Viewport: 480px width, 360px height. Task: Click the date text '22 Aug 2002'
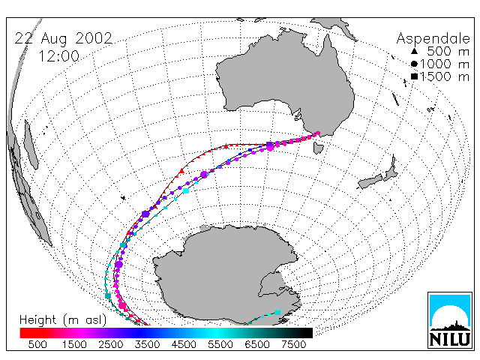pos(63,38)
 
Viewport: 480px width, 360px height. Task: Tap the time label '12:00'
pos(58,56)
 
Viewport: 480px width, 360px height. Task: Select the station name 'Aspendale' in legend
pos(433,39)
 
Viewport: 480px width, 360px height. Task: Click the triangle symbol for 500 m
pos(414,51)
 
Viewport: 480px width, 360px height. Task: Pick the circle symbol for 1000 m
pos(414,64)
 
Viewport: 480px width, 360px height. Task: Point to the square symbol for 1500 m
pos(414,76)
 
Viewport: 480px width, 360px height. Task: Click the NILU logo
pos(450,320)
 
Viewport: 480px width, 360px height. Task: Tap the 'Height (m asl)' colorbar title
pos(63,320)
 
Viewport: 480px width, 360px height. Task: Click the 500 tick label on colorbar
pos(37,345)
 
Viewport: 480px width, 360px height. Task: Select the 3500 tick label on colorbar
pos(147,345)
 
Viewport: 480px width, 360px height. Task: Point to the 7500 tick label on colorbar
pos(293,345)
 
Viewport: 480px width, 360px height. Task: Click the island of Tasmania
pos(318,147)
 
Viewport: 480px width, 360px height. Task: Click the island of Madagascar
pos(31,145)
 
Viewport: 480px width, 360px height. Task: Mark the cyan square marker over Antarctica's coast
pos(277,313)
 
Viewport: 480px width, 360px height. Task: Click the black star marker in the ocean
pos(123,198)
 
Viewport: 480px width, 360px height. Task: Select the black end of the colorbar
pos(303,333)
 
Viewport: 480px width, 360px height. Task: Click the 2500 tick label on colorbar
pos(111,345)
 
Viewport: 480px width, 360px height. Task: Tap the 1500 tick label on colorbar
pos(74,345)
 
